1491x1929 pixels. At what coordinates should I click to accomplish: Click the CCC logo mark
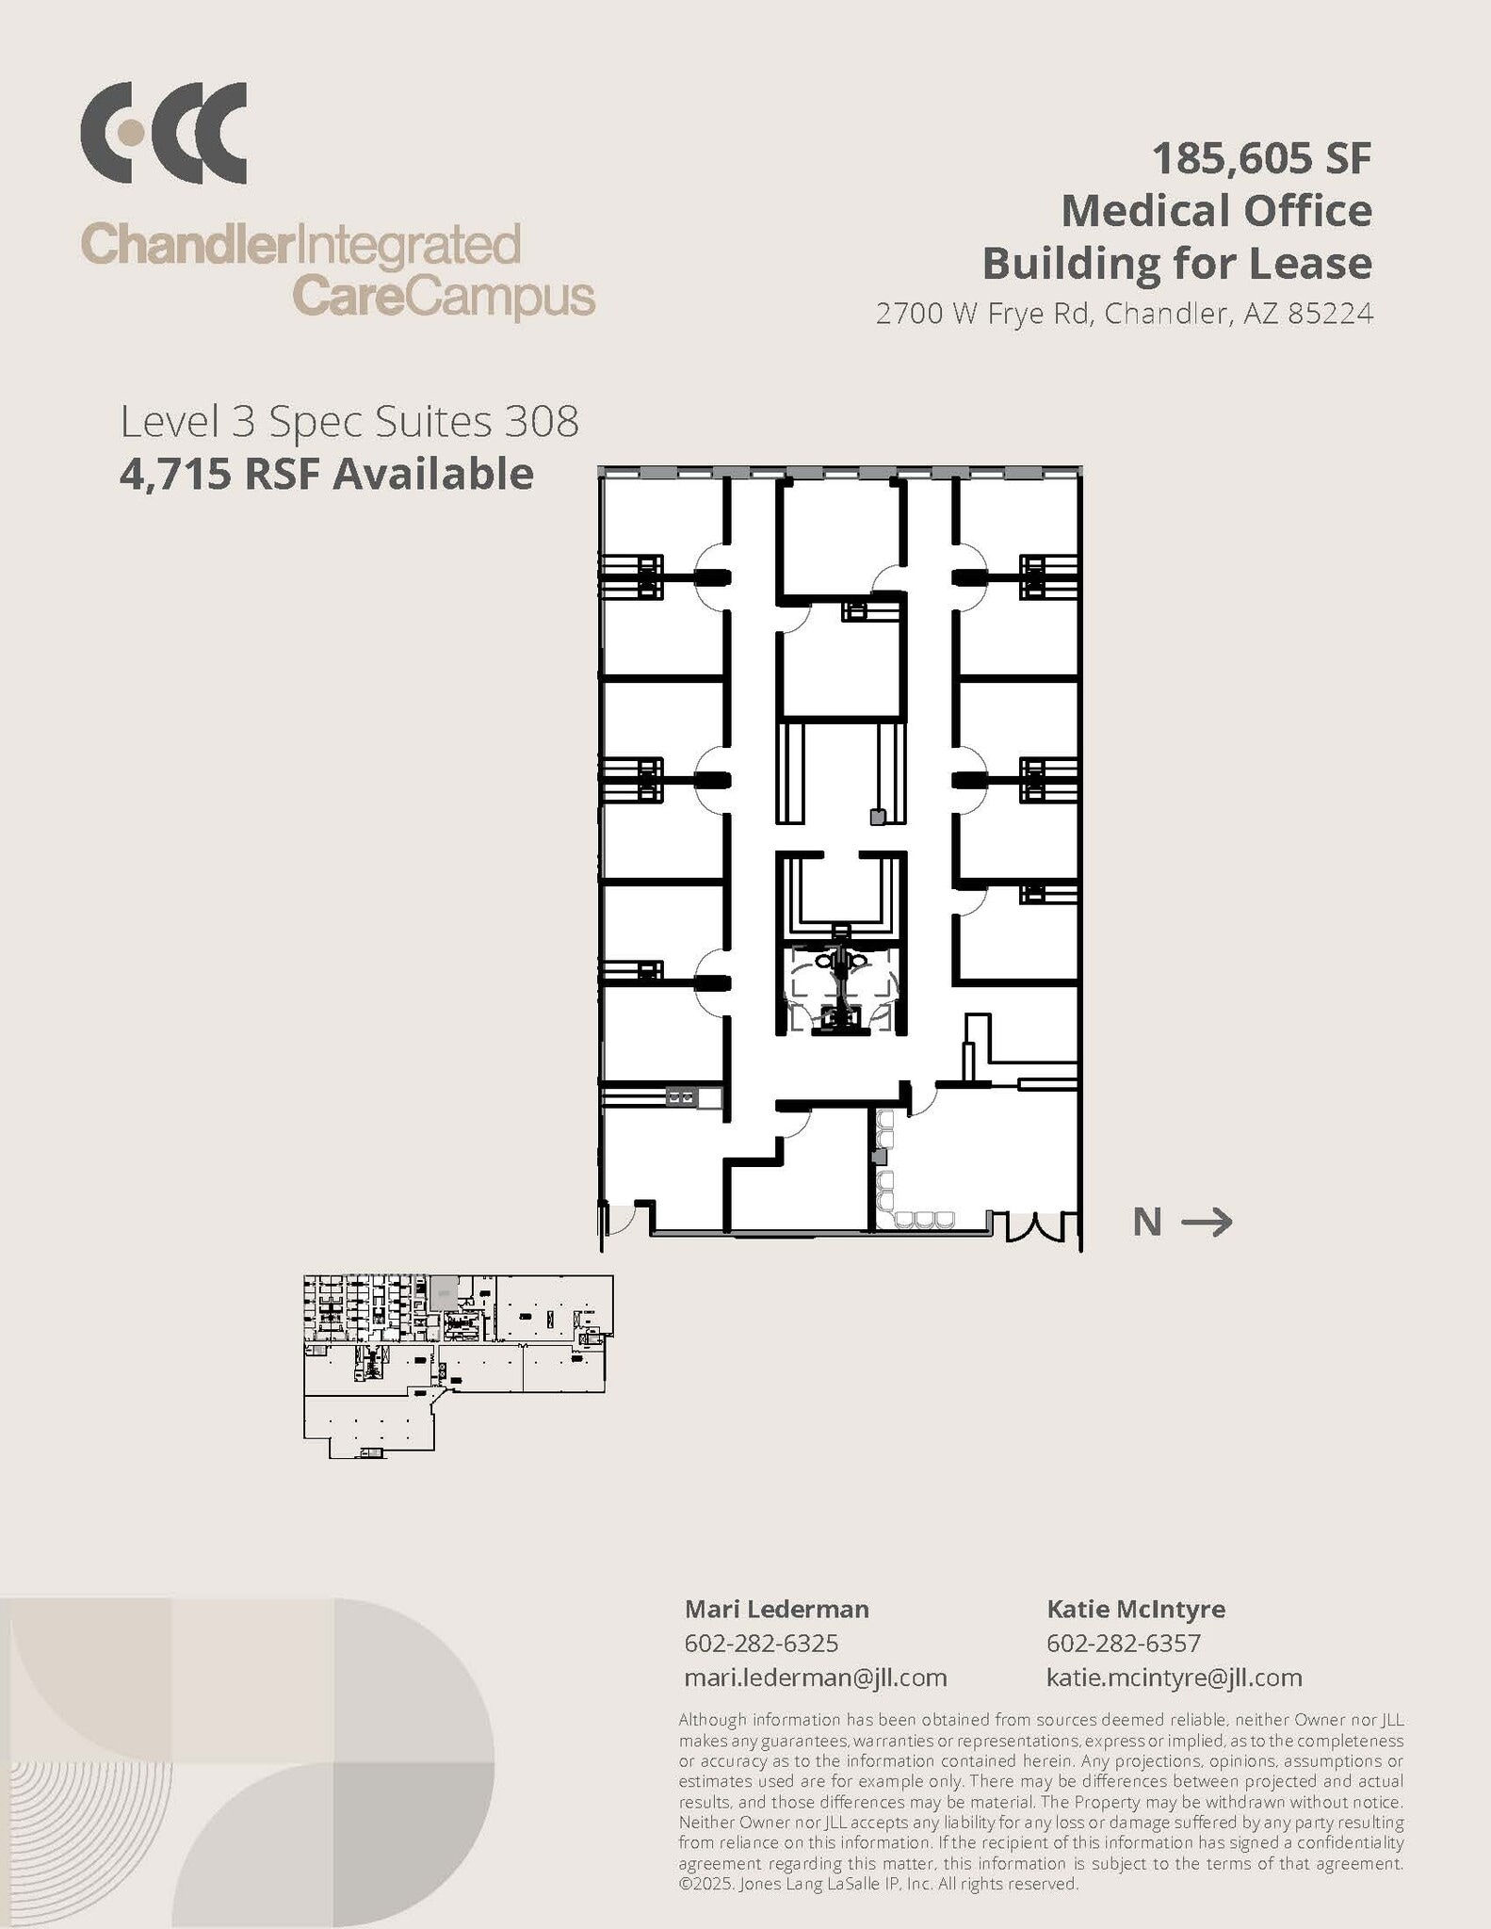click(x=163, y=133)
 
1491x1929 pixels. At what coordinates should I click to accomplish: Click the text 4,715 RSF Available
click(x=326, y=474)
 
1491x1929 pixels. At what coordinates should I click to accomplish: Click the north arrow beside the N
click(x=1207, y=1223)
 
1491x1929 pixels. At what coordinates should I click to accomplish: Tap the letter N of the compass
click(x=1147, y=1223)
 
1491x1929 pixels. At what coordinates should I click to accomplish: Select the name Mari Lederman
click(x=776, y=1609)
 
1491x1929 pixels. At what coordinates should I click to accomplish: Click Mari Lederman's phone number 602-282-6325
click(x=761, y=1644)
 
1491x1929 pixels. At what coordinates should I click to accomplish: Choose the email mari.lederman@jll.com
click(x=815, y=1678)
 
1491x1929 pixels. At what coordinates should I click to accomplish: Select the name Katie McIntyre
click(x=1136, y=1609)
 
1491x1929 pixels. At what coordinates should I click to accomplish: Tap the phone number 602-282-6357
click(x=1124, y=1644)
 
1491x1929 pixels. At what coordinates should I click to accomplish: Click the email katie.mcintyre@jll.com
click(x=1174, y=1678)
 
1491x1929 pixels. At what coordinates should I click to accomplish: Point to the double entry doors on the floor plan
click(x=1037, y=1225)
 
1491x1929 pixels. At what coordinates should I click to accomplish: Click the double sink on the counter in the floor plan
click(x=681, y=1097)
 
